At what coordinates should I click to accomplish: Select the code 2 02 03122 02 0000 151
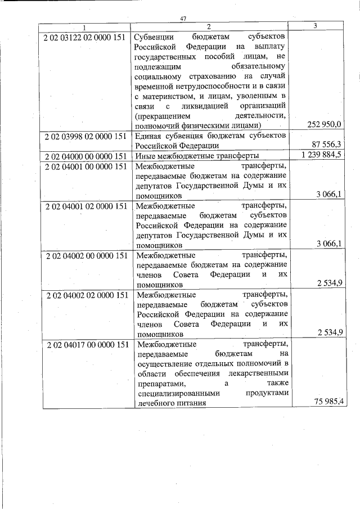point(85,37)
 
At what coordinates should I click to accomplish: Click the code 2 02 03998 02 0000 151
point(85,136)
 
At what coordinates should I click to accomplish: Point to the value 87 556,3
point(329,145)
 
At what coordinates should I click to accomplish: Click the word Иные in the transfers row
point(145,156)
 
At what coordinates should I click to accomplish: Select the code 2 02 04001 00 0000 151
point(85,166)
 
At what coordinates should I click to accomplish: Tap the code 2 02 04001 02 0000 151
point(85,206)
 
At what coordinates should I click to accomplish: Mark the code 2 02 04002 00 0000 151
point(85,255)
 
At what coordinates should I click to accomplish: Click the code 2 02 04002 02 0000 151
point(85,294)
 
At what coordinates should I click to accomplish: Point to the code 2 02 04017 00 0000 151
point(85,344)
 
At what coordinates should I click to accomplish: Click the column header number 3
point(315,26)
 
